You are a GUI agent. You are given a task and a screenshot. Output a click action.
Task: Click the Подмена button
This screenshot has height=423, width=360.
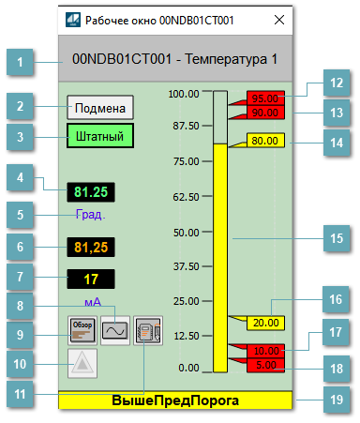pos(100,106)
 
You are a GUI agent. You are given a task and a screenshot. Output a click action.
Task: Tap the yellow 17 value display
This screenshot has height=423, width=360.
pos(90,279)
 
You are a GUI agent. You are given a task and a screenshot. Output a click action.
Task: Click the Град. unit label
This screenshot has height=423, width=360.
pos(91,215)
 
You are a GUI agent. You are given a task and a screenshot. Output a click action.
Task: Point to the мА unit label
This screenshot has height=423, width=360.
pos(92,302)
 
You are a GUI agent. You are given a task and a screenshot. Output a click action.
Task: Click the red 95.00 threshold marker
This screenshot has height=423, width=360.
pos(264,98)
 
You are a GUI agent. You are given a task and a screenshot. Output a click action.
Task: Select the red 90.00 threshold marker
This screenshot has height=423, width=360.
pos(264,113)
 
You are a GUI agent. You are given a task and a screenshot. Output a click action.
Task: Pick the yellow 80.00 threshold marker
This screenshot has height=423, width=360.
pos(264,141)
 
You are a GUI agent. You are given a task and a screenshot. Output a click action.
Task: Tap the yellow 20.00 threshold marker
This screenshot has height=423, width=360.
pos(264,323)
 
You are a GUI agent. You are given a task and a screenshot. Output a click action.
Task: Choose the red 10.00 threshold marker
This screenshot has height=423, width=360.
pos(264,351)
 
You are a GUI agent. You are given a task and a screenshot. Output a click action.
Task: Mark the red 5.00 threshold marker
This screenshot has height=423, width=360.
pos(264,365)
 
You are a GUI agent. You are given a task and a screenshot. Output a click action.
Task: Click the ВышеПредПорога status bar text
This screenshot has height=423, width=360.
pos(175,400)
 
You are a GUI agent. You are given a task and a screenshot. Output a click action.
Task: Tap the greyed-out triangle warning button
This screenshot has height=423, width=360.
pos(81,363)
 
